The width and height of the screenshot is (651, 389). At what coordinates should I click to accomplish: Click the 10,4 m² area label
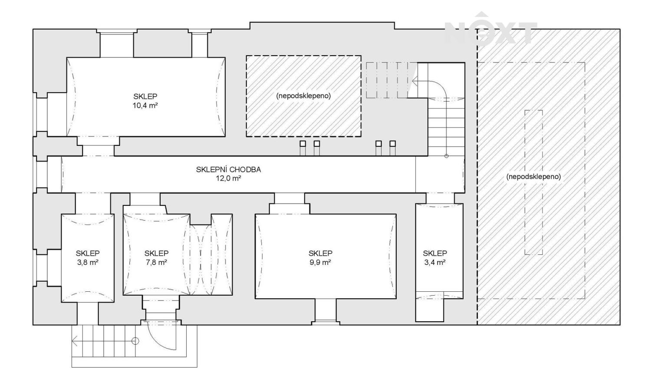(x=145, y=105)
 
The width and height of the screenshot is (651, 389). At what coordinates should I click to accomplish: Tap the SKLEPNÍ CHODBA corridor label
(x=228, y=169)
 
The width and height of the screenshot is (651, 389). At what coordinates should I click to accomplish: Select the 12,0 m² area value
(x=228, y=178)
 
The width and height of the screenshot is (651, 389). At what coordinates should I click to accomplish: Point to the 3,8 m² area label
(x=88, y=263)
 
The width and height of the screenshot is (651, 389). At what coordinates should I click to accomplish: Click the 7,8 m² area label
(x=156, y=263)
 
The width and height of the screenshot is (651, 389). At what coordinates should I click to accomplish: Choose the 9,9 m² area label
(x=321, y=263)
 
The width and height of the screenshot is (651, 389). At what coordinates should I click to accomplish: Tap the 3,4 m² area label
(x=435, y=263)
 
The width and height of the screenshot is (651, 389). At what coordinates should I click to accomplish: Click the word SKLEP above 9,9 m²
(x=321, y=253)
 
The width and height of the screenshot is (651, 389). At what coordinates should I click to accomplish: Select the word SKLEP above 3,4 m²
(x=435, y=253)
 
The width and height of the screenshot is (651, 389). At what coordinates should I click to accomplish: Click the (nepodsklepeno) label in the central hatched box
(x=303, y=96)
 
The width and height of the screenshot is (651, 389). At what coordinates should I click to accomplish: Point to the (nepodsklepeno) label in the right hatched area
(x=533, y=176)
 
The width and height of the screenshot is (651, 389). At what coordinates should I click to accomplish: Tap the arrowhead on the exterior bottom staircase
(x=75, y=341)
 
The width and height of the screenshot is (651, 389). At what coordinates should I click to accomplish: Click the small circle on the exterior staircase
(x=135, y=341)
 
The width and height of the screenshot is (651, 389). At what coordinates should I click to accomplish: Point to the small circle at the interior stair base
(x=447, y=156)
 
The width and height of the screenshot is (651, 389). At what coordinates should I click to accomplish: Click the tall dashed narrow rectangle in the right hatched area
(x=533, y=182)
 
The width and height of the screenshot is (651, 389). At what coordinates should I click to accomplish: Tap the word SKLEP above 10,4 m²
(x=145, y=96)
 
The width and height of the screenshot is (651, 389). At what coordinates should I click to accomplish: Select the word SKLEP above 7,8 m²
(x=156, y=253)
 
